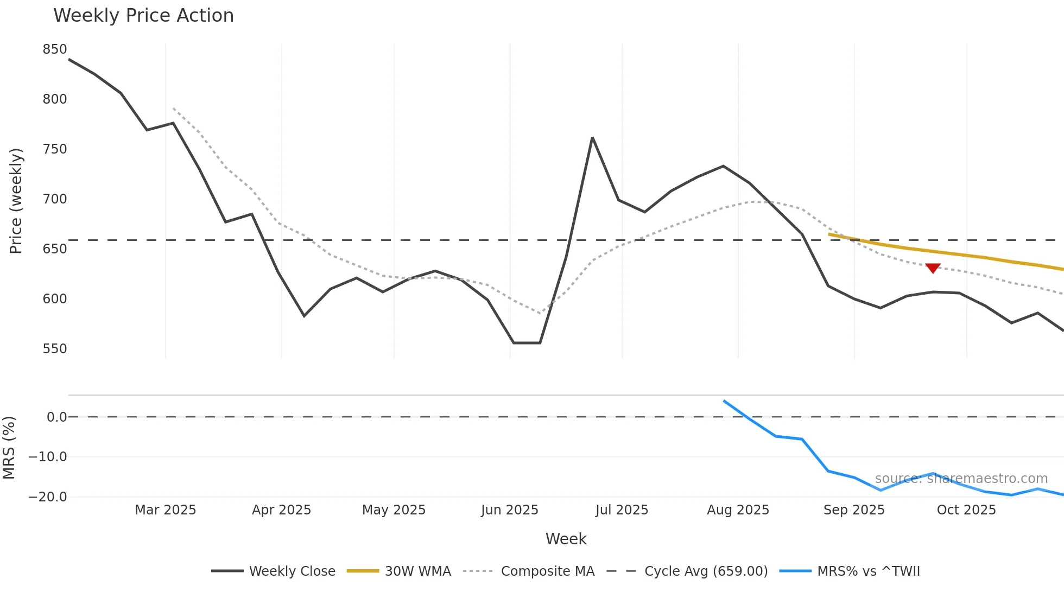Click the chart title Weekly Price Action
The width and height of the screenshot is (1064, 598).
pos(143,16)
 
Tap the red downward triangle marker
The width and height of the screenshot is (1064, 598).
pos(933,268)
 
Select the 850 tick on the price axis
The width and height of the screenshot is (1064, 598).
pos(55,49)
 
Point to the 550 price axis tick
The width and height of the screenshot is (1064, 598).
pos(55,348)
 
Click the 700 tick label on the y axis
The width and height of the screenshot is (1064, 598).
pos(55,199)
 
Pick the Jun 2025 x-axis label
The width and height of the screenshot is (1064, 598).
pos(509,510)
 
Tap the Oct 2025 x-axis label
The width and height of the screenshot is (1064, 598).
pos(966,510)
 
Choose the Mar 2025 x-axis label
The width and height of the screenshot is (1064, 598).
pos(166,510)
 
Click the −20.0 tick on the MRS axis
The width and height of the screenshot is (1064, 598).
pos(48,497)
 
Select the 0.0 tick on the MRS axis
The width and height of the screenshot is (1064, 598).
pos(56,417)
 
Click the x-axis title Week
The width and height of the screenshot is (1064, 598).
pos(566,539)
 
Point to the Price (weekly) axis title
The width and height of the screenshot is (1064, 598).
pos(16,201)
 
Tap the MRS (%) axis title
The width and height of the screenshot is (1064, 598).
pos(9,448)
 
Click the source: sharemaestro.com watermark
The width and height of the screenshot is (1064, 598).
pos(961,479)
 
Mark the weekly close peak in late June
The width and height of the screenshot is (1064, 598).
pos(592,138)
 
